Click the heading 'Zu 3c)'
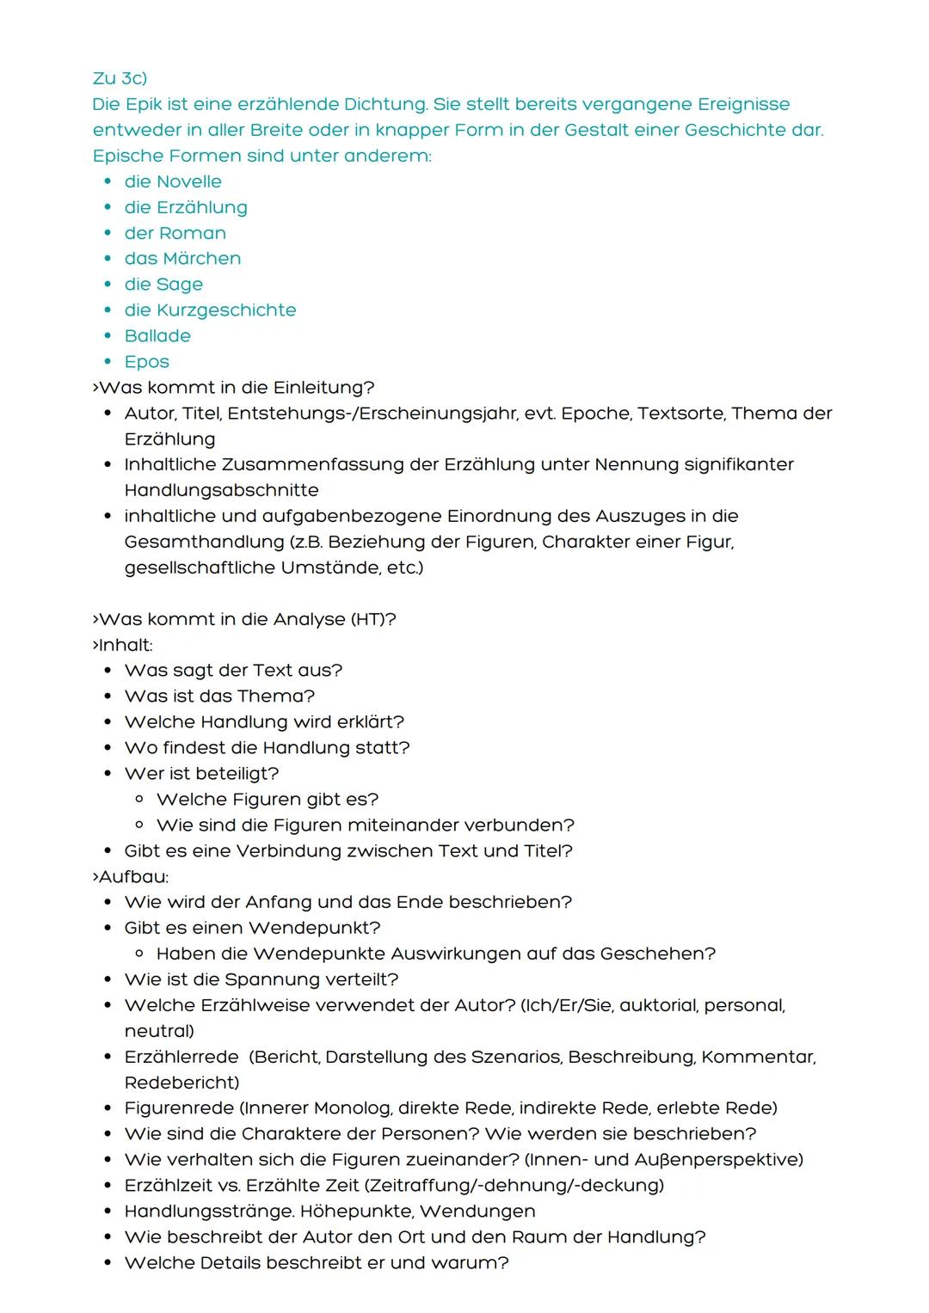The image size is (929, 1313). [x=120, y=78]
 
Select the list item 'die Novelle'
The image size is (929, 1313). [x=173, y=181]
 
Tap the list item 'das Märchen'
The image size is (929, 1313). [x=182, y=259]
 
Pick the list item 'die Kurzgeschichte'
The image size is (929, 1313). [x=210, y=310]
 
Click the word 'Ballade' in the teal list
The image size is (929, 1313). [x=157, y=336]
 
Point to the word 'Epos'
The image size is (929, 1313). [x=147, y=362]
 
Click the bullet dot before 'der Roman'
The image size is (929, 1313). [x=108, y=233]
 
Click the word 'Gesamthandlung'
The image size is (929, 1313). [x=204, y=543]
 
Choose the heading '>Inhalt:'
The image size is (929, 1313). [x=122, y=645]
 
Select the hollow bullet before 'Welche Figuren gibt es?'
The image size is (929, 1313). [x=139, y=800]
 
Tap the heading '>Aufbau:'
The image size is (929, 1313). [x=131, y=877]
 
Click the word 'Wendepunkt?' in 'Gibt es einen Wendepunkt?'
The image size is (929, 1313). [x=315, y=929]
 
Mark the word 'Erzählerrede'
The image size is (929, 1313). [x=181, y=1057]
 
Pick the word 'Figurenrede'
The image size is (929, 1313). [x=178, y=1108]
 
